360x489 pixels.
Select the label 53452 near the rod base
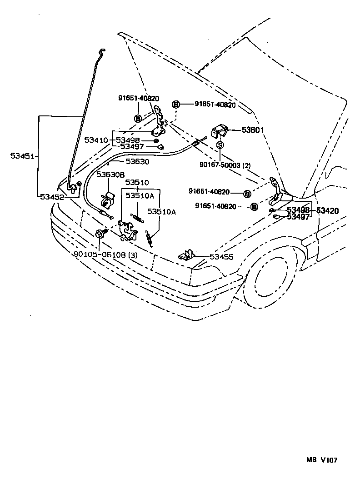click(52, 197)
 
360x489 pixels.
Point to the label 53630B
click(110, 174)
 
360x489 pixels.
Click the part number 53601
click(253, 130)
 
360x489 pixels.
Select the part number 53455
click(221, 257)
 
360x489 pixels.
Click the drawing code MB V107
click(321, 460)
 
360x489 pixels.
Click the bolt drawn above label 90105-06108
click(100, 235)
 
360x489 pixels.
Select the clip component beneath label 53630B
click(106, 199)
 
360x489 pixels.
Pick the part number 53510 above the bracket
click(137, 183)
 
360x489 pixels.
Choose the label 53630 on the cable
click(137, 161)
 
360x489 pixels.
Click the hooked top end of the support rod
click(103, 51)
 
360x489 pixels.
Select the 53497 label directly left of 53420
click(298, 217)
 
